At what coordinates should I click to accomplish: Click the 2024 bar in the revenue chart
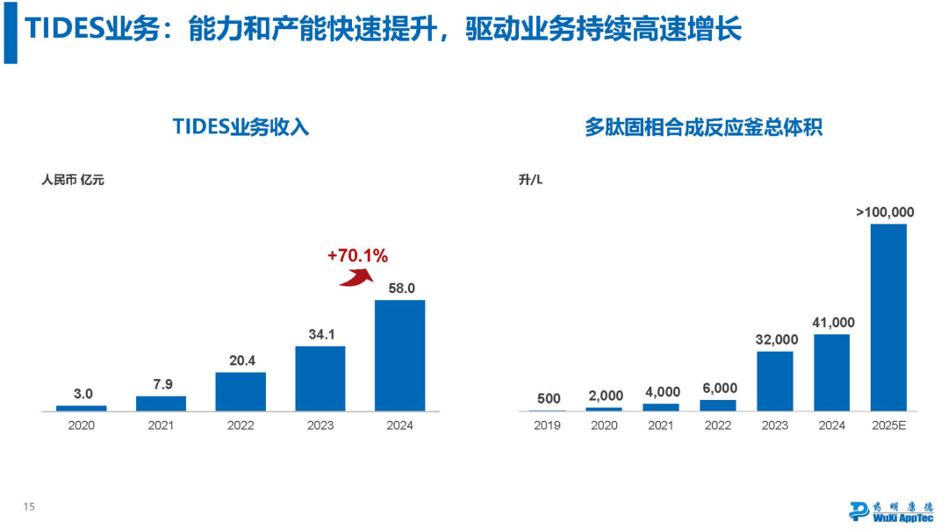pos(399,355)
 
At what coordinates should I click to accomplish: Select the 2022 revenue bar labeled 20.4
pos(241,391)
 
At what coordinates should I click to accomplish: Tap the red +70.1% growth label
pos(357,256)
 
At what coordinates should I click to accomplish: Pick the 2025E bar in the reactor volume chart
pos(888,317)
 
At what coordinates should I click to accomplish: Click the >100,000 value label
pos(885,212)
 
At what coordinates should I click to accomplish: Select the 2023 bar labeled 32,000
pos(775,381)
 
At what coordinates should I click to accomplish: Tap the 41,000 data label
pos(832,323)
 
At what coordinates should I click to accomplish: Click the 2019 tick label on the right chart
pos(548,425)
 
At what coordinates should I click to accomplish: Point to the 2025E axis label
pos(888,425)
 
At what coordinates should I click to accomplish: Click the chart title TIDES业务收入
pos(241,127)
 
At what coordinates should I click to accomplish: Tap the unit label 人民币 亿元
pos(73,181)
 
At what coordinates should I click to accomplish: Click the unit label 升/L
pos(531,181)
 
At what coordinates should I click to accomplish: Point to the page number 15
pos(28,506)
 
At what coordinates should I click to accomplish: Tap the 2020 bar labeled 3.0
pos(81,408)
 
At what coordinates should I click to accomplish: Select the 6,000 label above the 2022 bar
pos(718,389)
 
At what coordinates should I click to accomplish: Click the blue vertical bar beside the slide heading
pos(10,32)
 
